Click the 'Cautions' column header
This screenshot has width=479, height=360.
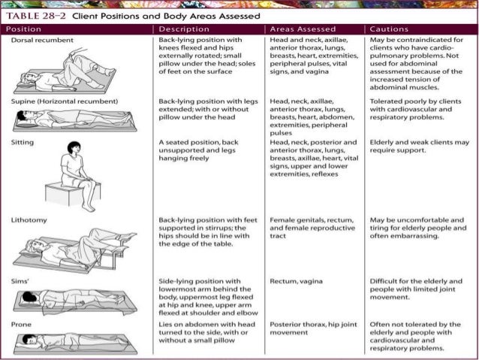pyautogui.click(x=389, y=29)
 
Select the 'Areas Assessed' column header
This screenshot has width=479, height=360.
pyautogui.click(x=303, y=29)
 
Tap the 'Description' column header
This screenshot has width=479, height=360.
pyautogui.click(x=184, y=29)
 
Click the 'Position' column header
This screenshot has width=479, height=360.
pyautogui.click(x=23, y=29)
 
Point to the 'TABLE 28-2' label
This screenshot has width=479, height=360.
pyautogui.click(x=36, y=16)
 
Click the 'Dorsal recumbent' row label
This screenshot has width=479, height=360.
pyautogui.click(x=42, y=40)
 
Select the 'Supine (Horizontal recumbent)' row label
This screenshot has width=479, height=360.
pyautogui.click(x=65, y=101)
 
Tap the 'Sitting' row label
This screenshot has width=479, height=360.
pyautogui.click(x=23, y=143)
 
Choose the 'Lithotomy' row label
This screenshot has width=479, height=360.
pyautogui.click(x=29, y=220)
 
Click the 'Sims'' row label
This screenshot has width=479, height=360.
pyautogui.click(x=20, y=281)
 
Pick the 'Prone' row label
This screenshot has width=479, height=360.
pyautogui.click(x=21, y=325)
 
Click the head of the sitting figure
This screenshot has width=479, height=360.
pyautogui.click(x=74, y=148)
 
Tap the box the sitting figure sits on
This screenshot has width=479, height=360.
pyautogui.click(x=73, y=193)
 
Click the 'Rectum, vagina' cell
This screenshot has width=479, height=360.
pyautogui.click(x=296, y=281)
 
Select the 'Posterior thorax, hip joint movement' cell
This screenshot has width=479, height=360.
pyautogui.click(x=313, y=328)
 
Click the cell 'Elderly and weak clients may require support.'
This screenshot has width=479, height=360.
pyautogui.click(x=420, y=147)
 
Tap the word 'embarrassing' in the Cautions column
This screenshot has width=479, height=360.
pyautogui.click(x=419, y=236)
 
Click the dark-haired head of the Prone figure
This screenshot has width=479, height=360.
pyautogui.click(x=29, y=340)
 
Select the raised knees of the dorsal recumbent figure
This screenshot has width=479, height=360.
pyautogui.click(x=77, y=55)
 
